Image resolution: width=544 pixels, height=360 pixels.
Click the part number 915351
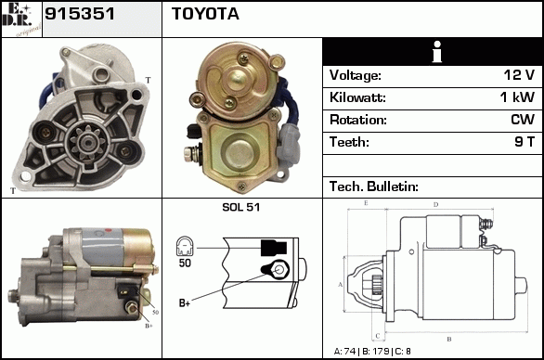pyautogui.click(x=80, y=14)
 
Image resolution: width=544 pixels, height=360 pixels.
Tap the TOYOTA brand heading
pyautogui.click(x=205, y=14)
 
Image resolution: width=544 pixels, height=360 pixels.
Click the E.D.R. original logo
pyautogui.click(x=21, y=19)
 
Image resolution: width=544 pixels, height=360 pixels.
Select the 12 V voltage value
pyautogui.click(x=519, y=75)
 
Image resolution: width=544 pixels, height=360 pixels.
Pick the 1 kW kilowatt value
pyautogui.click(x=517, y=97)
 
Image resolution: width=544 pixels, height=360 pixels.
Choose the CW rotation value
pyautogui.click(x=523, y=120)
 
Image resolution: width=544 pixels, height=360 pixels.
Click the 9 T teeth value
pyautogui.click(x=525, y=142)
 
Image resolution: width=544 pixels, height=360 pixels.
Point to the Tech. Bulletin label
pyautogui.click(x=374, y=186)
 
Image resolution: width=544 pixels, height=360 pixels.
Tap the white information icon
pyautogui.click(x=437, y=52)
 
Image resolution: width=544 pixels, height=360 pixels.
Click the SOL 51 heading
pyautogui.click(x=241, y=207)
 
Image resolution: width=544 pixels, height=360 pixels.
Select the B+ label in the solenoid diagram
pyautogui.click(x=185, y=302)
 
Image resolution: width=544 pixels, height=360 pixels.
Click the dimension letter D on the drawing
pyautogui.click(x=436, y=205)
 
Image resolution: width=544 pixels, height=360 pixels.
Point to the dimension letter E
pyautogui.click(x=366, y=203)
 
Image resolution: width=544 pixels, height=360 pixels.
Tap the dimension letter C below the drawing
pyautogui.click(x=378, y=336)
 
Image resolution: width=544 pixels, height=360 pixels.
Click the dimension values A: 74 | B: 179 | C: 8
pyautogui.click(x=372, y=352)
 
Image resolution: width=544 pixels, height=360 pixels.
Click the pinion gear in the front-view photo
pyautogui.click(x=85, y=142)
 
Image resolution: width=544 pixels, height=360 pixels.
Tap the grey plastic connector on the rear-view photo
pyautogui.click(x=288, y=144)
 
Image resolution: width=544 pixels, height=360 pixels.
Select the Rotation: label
pyautogui.click(x=358, y=120)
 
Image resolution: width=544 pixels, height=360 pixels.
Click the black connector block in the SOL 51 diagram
pyautogui.click(x=274, y=248)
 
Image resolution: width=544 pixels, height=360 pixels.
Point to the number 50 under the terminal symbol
pyautogui.click(x=185, y=263)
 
